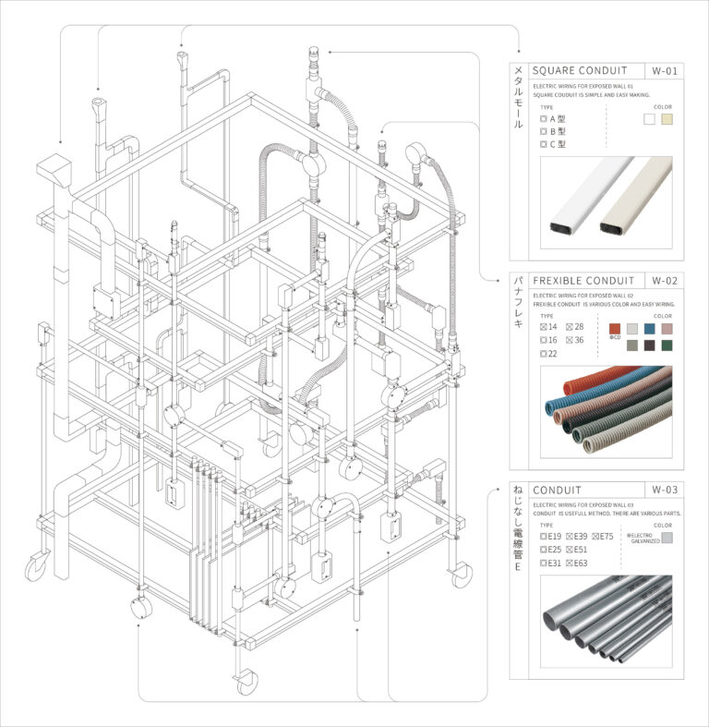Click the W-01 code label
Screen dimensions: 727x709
pos(664,71)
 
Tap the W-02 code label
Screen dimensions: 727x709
pos(664,281)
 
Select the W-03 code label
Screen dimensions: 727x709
pos(664,490)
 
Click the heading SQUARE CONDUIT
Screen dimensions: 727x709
pos(580,71)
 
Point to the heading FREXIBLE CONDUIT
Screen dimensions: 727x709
pos(583,281)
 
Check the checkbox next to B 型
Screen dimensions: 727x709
pos(543,132)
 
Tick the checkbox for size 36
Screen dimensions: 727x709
pos(569,340)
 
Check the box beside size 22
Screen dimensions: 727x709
pos(543,354)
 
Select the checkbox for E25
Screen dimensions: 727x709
pos(543,550)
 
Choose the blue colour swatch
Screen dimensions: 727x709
pos(650,328)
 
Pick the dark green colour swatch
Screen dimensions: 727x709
pos(667,345)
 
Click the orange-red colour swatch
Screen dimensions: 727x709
pos(615,328)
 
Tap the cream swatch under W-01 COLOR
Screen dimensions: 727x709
pos(666,119)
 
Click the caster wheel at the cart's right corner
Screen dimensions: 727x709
pos(461,575)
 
